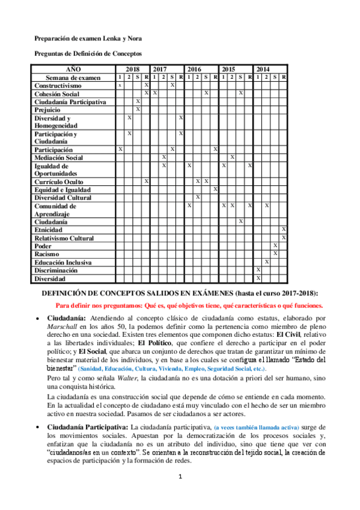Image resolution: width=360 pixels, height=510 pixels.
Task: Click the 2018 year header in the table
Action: tap(132, 69)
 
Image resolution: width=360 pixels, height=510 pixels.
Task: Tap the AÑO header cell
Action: tap(73, 69)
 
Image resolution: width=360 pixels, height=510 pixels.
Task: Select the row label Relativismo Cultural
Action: tap(64, 238)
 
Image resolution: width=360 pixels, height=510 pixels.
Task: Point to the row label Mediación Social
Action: tap(59, 158)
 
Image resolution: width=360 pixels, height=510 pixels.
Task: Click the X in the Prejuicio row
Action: tap(138, 109)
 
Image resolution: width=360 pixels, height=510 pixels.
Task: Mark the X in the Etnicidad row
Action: tap(284, 230)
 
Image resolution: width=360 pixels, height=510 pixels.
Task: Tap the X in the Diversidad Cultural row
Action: tap(198, 197)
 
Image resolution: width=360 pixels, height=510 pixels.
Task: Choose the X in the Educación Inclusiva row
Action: tap(266, 262)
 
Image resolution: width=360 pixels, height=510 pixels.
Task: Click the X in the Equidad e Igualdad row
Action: tap(215, 189)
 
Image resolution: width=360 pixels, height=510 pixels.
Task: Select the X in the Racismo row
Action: tap(275, 254)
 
